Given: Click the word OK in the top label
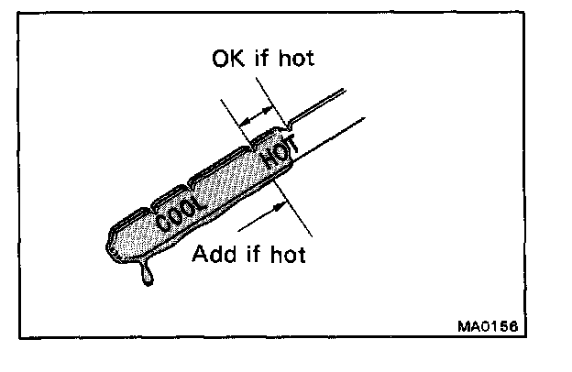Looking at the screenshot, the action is pos(226,60).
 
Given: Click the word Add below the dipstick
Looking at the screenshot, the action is pos(212,253).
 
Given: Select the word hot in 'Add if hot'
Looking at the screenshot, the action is pos(285,253).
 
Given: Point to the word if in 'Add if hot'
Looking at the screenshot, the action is pos(249,253).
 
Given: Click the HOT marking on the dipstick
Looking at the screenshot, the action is pos(276,153).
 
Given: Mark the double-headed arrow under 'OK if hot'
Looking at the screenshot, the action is pos(258,115).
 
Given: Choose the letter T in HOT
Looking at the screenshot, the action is pos(286,145).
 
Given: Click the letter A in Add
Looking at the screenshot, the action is pos(200,253).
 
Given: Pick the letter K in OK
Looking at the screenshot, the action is pos(234,60).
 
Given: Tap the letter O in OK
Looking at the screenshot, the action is pos(220,60).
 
